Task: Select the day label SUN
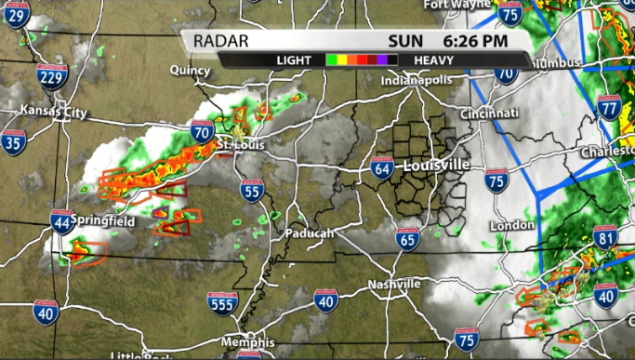[x=405, y=40]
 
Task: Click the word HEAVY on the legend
[x=433, y=60]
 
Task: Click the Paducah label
[x=309, y=233]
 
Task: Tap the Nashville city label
[x=394, y=284]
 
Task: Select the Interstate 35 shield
[x=13, y=141]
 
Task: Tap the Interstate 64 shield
[x=382, y=167]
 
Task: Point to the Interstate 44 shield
[x=61, y=221]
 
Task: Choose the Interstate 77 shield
[x=610, y=107]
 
